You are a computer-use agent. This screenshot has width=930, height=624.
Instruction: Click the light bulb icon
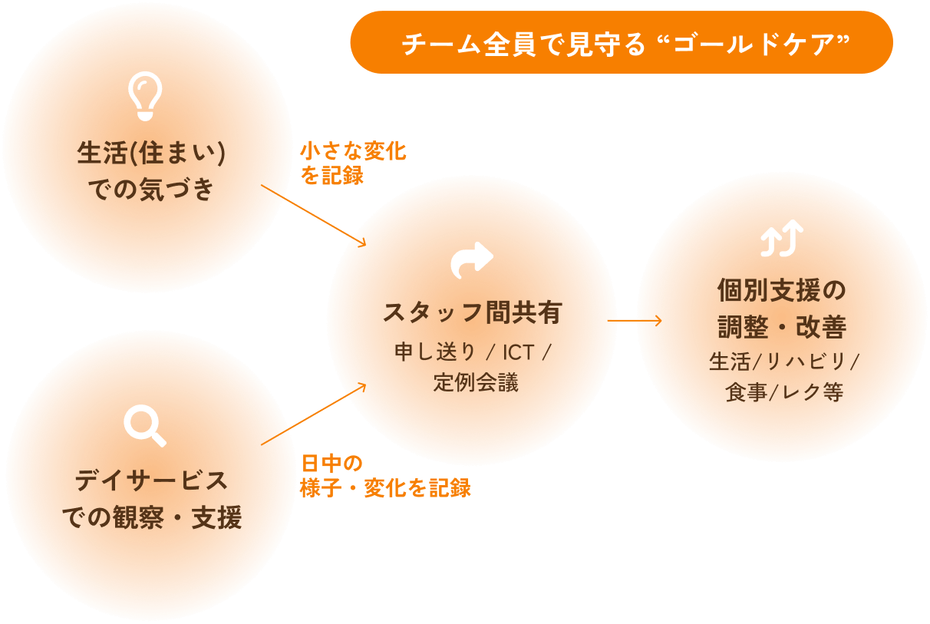(x=145, y=96)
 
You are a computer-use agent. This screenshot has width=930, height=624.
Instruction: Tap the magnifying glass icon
(x=145, y=425)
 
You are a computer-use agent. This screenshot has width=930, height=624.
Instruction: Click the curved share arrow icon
(x=472, y=261)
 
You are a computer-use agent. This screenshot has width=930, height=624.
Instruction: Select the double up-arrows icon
(x=781, y=238)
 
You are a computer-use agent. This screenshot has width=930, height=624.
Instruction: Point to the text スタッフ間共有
(x=472, y=312)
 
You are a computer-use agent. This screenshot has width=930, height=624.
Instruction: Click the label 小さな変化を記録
(x=352, y=163)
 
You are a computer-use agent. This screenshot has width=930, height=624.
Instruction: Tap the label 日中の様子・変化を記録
(x=384, y=476)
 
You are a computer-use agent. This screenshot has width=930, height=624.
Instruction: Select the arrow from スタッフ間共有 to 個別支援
(x=639, y=320)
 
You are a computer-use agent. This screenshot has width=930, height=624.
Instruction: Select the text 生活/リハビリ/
(x=783, y=362)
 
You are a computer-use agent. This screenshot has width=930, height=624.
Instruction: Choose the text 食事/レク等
(x=783, y=392)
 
